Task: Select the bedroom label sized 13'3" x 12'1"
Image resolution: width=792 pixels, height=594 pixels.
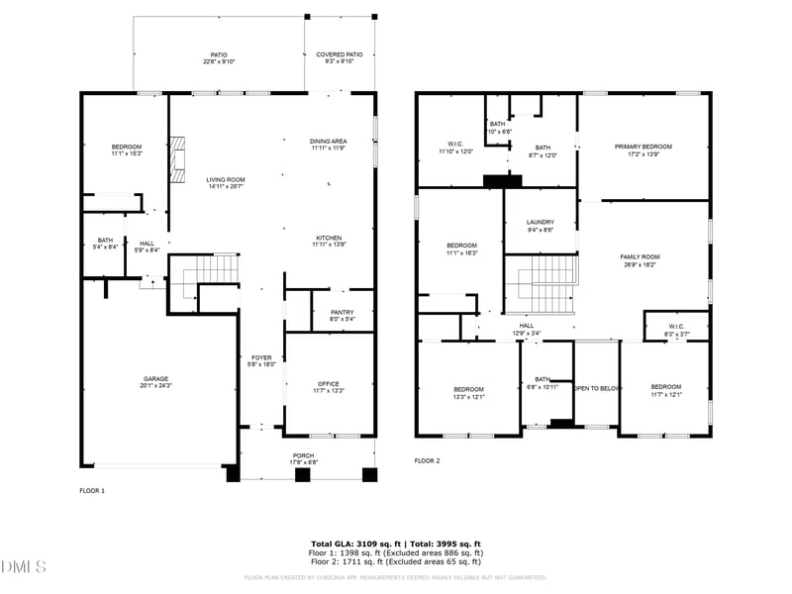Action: [x=468, y=392]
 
